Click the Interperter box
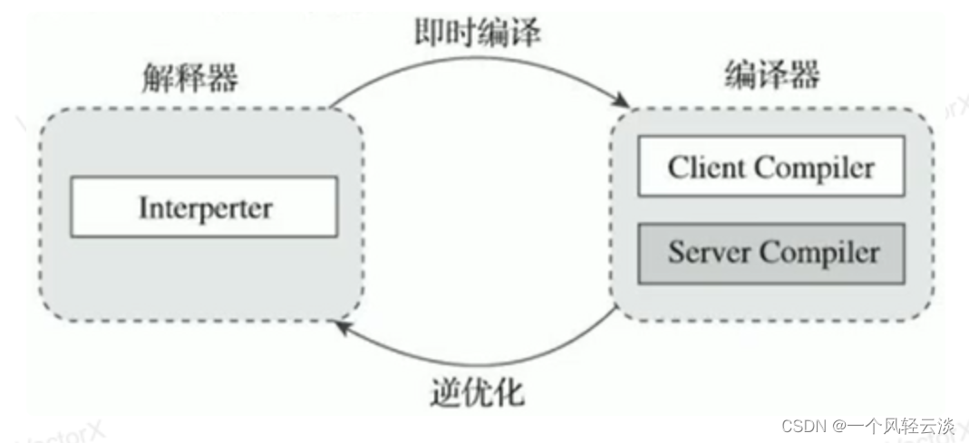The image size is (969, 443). click(x=204, y=207)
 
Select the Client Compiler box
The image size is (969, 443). click(x=771, y=167)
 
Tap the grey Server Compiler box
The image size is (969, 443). click(x=771, y=252)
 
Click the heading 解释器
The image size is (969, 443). click(x=189, y=79)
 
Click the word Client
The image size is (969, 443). click(x=706, y=168)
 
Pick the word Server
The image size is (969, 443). click(x=707, y=252)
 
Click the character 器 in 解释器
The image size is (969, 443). click(x=222, y=79)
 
